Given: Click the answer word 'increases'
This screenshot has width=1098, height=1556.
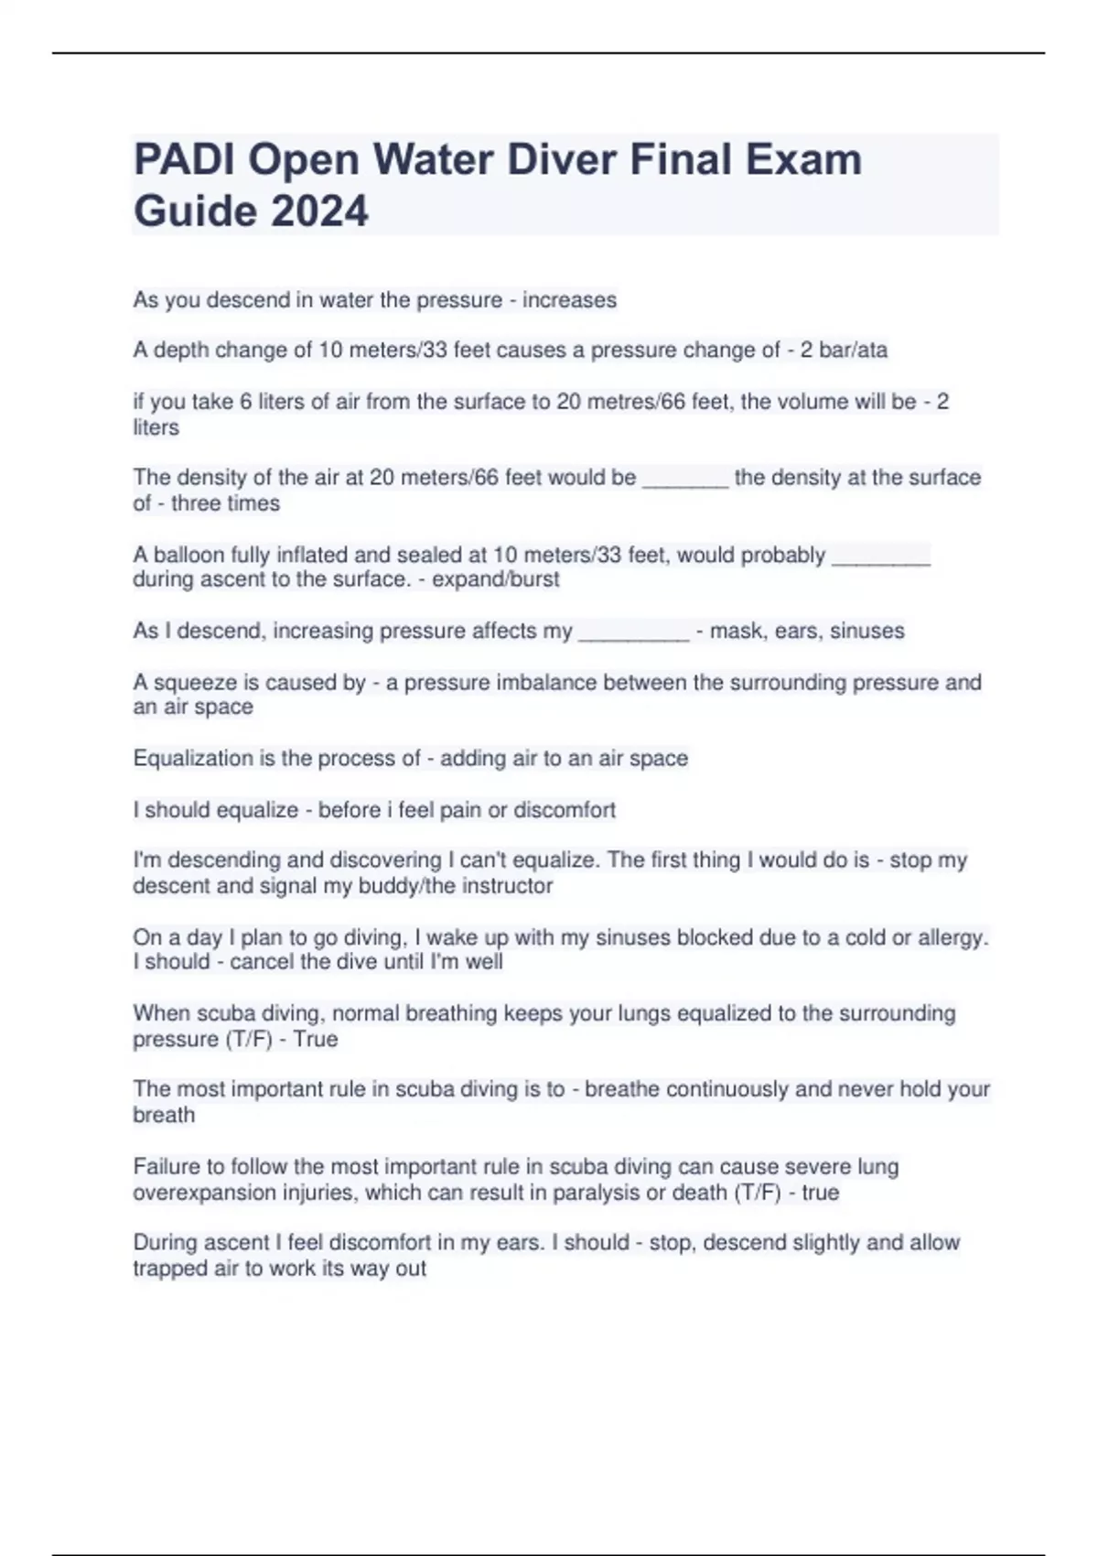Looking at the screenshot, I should (569, 300).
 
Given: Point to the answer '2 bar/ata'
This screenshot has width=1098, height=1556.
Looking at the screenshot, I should (844, 351).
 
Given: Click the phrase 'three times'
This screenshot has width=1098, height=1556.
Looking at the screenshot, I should (225, 503).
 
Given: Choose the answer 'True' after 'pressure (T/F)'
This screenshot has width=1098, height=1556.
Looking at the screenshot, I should (316, 1040).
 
